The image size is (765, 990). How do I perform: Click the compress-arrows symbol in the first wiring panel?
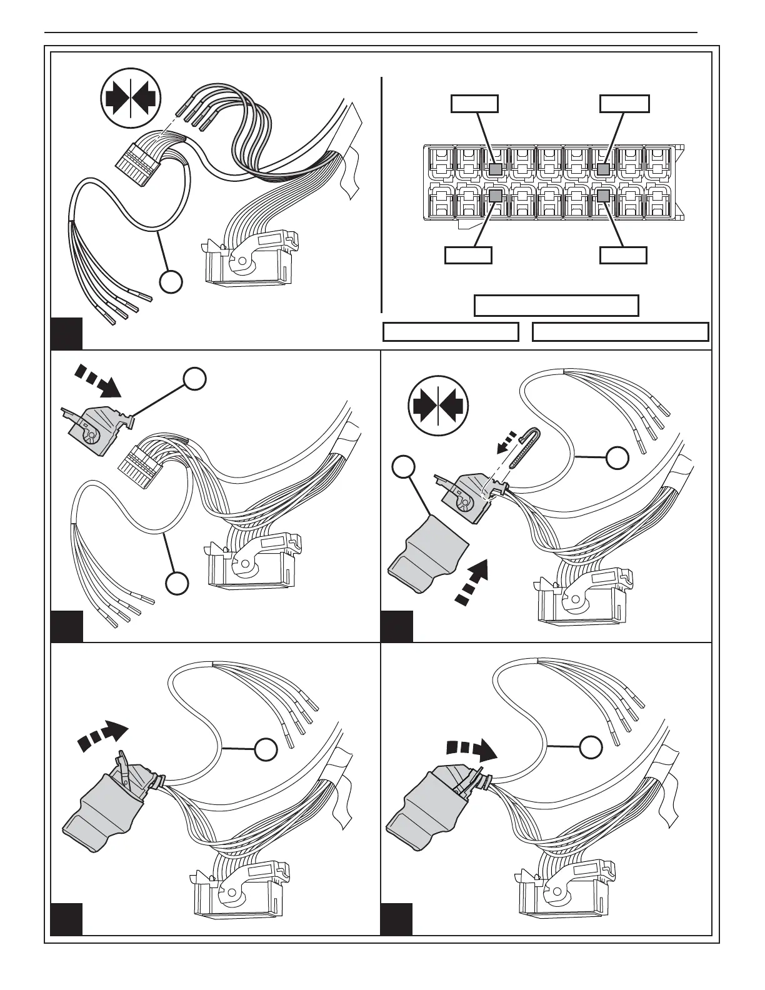click(131, 101)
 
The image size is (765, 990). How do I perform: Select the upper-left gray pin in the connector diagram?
click(496, 169)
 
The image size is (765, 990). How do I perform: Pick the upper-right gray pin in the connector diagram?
click(603, 169)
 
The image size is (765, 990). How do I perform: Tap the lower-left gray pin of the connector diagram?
click(496, 196)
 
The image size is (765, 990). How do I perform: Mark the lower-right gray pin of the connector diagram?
click(603, 196)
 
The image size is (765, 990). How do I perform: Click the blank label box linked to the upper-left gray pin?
click(474, 104)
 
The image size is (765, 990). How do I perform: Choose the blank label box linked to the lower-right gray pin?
click(623, 255)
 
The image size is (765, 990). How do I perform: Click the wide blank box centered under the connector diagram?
click(556, 306)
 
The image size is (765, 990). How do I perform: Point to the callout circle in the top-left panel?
click(171, 282)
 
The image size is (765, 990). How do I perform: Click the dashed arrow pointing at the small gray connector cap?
click(97, 381)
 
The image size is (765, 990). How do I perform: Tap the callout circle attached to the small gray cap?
click(194, 379)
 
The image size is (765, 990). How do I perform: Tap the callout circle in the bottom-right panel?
click(591, 746)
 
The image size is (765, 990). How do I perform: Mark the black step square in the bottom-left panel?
click(66, 918)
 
